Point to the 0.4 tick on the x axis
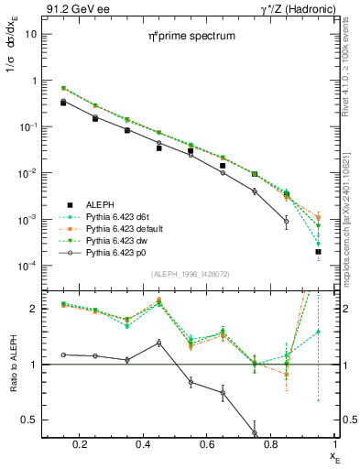[x=151, y=443]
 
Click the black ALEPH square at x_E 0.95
[x=318, y=251]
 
